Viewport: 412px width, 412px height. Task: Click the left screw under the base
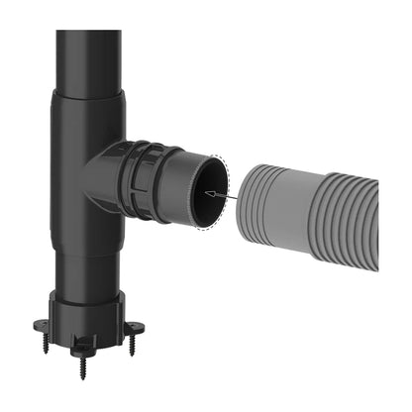click(51, 344)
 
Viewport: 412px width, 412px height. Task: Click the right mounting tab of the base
click(138, 328)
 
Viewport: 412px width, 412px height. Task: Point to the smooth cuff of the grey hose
click(296, 207)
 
